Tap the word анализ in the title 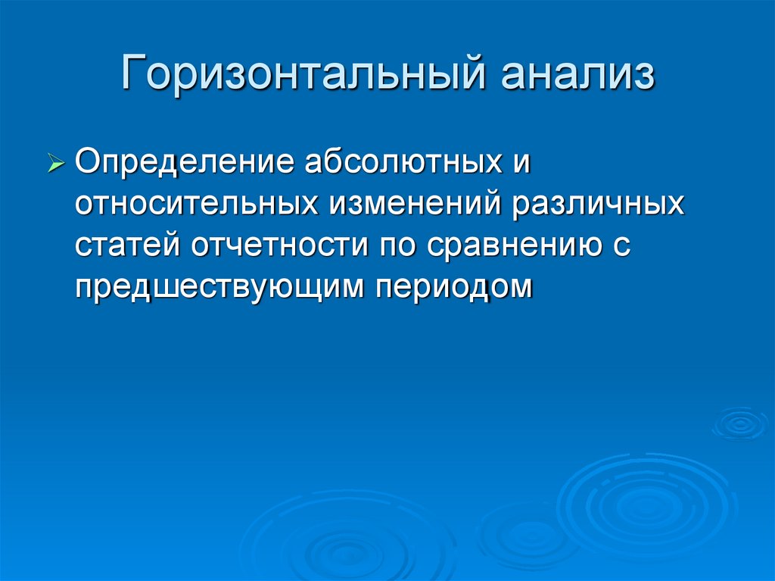[x=576, y=76]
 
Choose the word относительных [x=196, y=205]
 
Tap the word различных [x=599, y=205]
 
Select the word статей [x=128, y=246]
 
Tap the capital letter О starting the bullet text [x=87, y=163]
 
